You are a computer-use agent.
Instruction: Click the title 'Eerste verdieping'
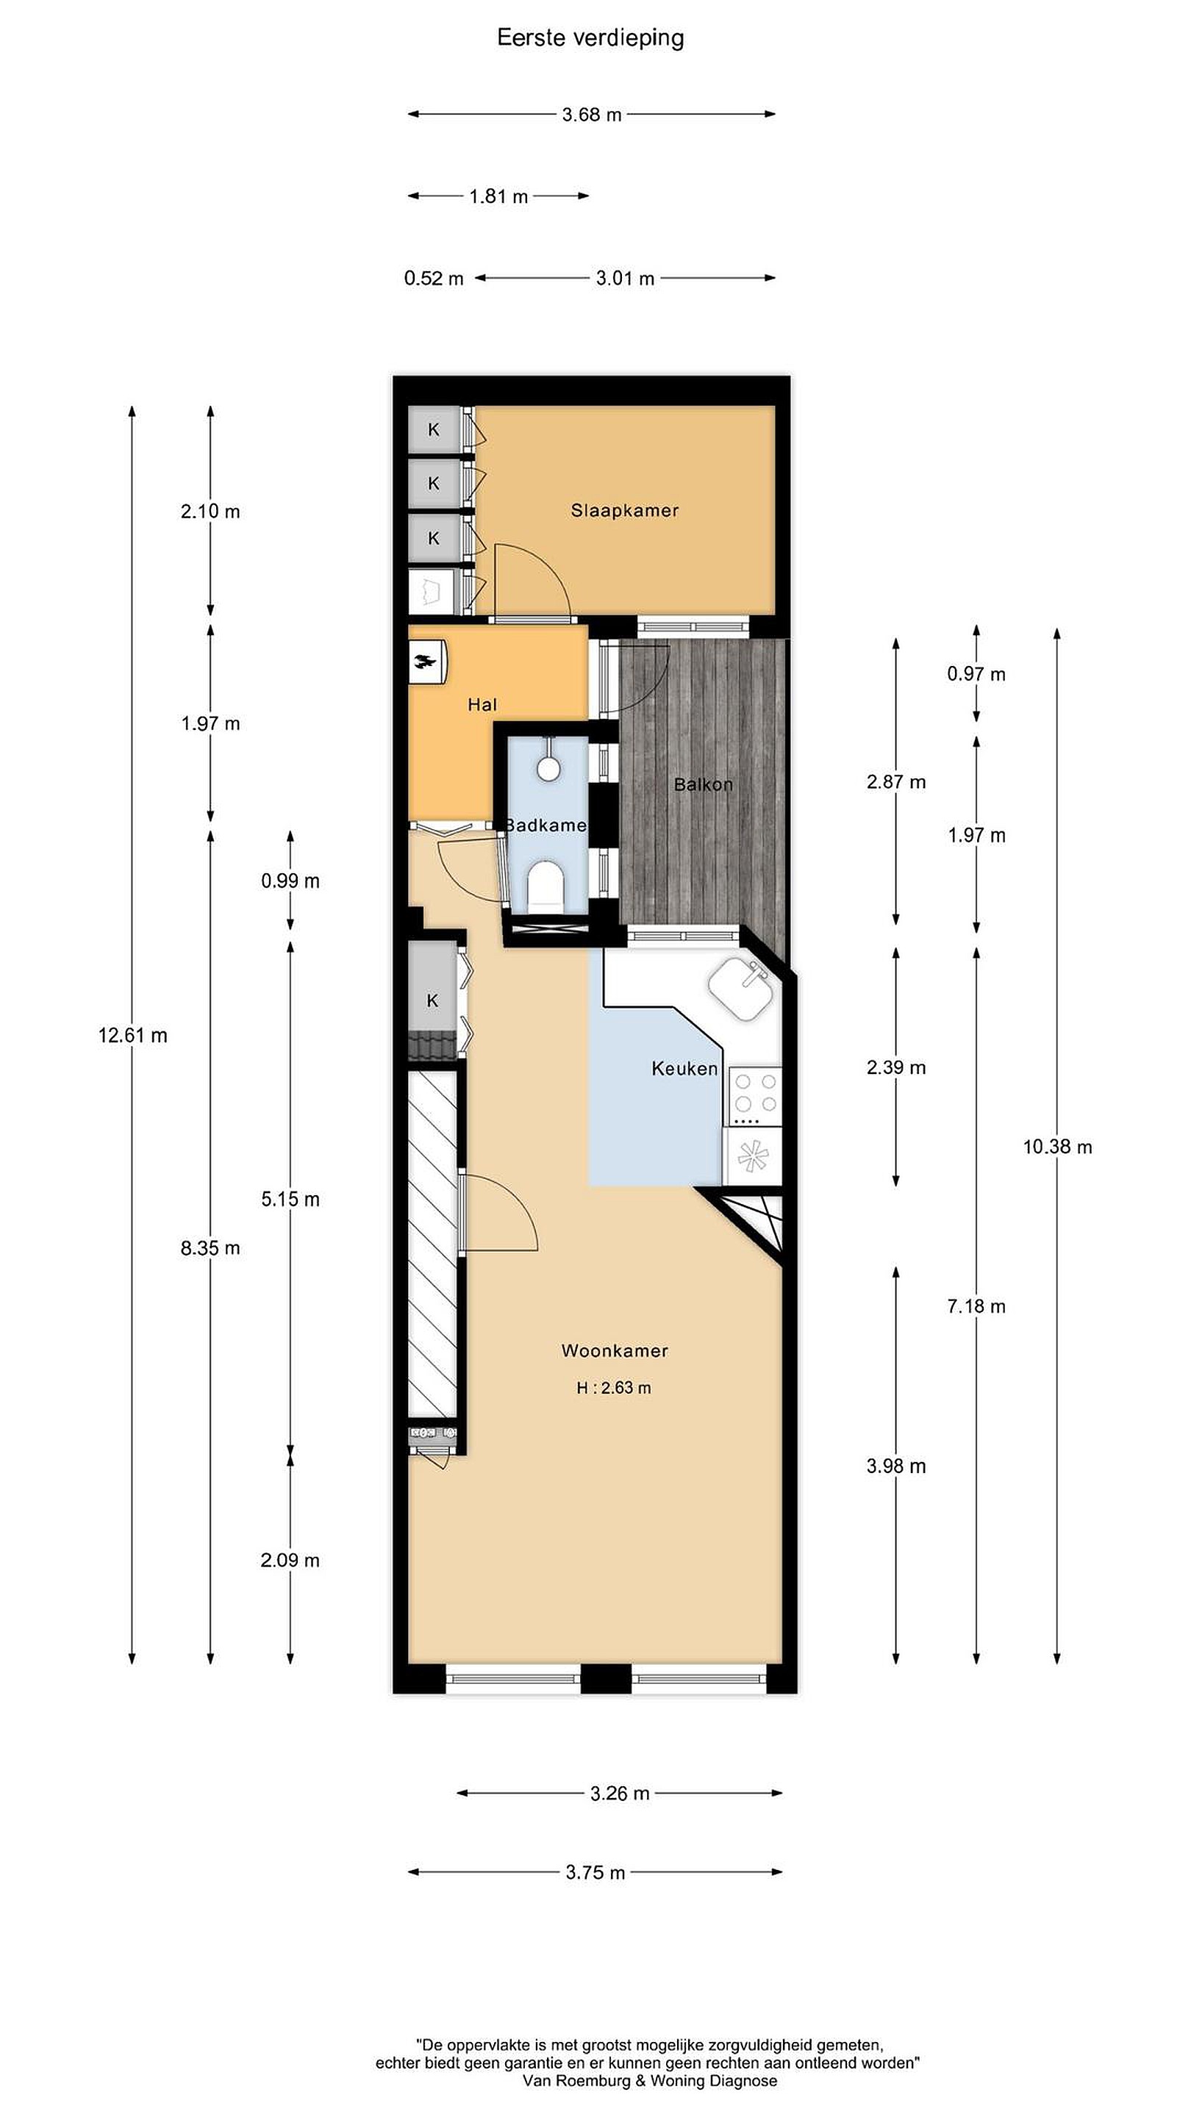click(590, 37)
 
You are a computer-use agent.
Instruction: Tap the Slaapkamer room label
click(625, 510)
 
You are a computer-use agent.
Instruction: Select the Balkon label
click(703, 784)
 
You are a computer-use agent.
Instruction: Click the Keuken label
click(684, 1068)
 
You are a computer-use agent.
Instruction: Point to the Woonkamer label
click(614, 1350)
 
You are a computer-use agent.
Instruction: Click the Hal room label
click(482, 704)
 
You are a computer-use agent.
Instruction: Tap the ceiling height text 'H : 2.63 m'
click(614, 1388)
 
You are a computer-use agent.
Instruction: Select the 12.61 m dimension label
click(132, 1036)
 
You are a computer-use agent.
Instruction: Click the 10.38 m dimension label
click(1057, 1147)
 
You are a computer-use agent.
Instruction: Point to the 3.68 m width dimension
click(592, 114)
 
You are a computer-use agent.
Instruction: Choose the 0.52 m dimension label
click(433, 279)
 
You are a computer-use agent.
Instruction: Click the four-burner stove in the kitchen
click(755, 1095)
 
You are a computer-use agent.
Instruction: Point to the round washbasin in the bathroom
click(548, 767)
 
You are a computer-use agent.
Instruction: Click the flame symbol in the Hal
click(426, 662)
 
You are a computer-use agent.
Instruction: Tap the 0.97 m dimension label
click(976, 674)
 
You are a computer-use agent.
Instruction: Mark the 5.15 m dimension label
click(290, 1199)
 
